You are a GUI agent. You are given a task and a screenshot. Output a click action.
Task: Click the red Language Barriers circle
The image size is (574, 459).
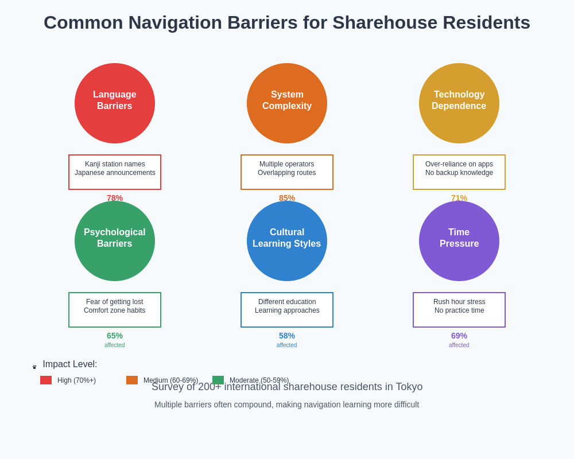click(x=115, y=103)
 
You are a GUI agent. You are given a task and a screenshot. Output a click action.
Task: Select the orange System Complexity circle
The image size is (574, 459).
click(x=287, y=103)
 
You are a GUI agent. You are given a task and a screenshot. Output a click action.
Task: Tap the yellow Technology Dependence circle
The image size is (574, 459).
click(x=459, y=103)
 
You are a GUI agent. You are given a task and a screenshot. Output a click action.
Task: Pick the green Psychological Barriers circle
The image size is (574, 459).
click(x=115, y=241)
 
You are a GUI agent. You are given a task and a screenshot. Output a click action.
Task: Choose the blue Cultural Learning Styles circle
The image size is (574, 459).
click(x=287, y=241)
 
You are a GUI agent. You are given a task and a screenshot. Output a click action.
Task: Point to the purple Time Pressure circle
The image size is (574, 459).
click(x=459, y=241)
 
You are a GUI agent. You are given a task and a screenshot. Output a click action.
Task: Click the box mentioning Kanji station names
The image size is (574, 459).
click(x=115, y=172)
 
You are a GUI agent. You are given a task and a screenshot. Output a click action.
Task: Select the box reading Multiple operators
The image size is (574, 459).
click(x=287, y=172)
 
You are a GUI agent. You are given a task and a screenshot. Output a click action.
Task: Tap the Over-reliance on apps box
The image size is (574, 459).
click(x=459, y=172)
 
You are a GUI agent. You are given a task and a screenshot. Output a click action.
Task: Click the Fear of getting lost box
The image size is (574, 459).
click(x=115, y=310)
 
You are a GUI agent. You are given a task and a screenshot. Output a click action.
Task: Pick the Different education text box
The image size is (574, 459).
click(x=287, y=310)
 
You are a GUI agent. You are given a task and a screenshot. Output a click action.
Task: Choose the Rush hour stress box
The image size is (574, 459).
click(x=459, y=310)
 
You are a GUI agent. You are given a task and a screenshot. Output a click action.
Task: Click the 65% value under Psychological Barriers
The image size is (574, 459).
click(x=115, y=336)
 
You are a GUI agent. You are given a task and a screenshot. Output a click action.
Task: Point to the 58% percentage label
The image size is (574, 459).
click(x=287, y=336)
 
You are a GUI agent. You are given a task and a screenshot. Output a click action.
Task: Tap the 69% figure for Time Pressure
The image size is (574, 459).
click(x=459, y=336)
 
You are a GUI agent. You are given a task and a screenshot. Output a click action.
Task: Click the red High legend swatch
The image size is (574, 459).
click(x=46, y=380)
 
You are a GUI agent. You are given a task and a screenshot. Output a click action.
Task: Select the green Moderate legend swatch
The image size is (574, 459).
click(x=218, y=380)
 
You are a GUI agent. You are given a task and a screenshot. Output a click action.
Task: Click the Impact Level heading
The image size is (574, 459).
click(x=69, y=364)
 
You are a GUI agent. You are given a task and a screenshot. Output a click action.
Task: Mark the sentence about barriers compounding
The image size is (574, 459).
click(x=287, y=404)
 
